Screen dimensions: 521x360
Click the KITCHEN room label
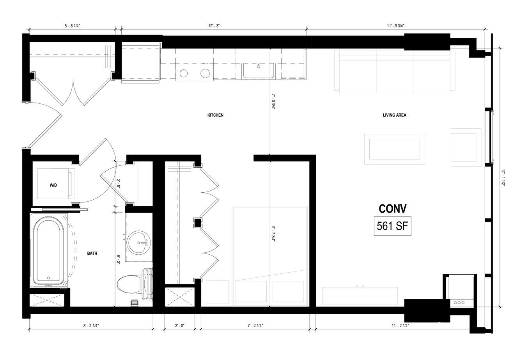click(215, 115)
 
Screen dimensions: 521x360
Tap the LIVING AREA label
click(395, 115)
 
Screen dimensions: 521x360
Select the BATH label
click(92, 254)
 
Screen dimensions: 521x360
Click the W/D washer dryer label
click(53, 185)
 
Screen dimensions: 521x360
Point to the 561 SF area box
click(392, 226)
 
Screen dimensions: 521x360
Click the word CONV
click(393, 209)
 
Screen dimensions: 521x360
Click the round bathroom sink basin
click(140, 242)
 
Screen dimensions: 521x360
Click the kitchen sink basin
click(258, 71)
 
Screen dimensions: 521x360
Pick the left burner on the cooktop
click(184, 73)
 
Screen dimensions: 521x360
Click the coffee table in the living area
click(395, 149)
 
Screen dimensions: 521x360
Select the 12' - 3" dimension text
click(214, 26)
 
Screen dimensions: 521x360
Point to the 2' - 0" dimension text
click(179, 326)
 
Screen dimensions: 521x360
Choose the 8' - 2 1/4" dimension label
click(91, 326)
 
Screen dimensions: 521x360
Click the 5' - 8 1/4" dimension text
click(72, 26)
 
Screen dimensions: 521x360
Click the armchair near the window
click(466, 147)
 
